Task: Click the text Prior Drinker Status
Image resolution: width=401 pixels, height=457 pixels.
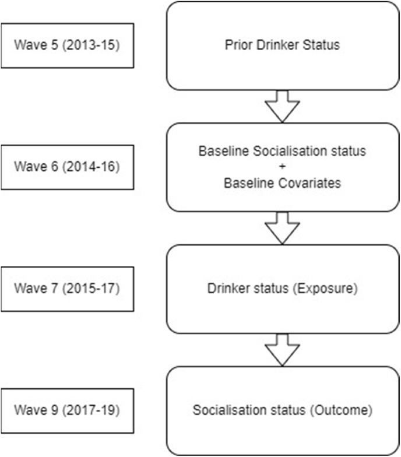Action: (x=282, y=45)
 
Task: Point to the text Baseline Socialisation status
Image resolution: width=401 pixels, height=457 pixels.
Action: (x=282, y=152)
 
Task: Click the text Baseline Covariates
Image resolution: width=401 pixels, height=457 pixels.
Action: (x=282, y=182)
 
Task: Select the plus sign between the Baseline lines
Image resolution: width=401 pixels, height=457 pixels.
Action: (x=282, y=167)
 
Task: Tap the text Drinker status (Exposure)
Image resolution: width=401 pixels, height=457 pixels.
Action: (x=282, y=289)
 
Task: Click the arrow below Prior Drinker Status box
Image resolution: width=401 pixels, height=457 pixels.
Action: (x=282, y=107)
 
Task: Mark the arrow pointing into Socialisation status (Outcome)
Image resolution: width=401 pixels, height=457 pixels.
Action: (x=282, y=350)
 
